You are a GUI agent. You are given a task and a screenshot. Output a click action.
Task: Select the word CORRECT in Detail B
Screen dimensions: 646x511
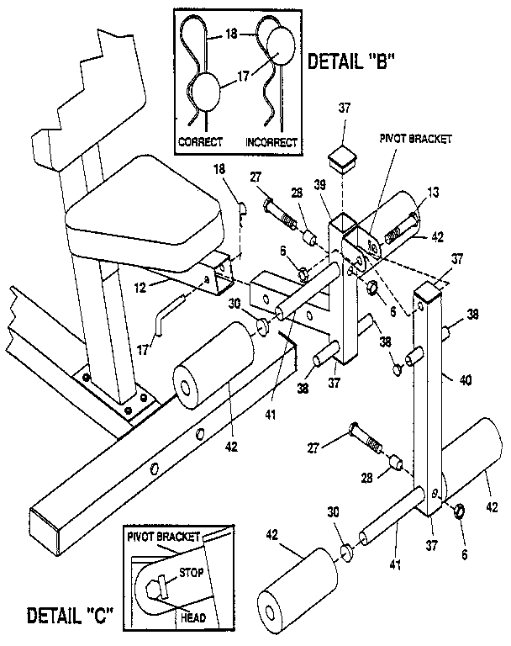[x=201, y=142]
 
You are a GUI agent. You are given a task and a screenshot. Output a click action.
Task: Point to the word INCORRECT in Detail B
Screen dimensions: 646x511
[x=271, y=142]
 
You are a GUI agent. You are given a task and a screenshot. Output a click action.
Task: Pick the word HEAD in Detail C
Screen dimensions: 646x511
[x=193, y=617]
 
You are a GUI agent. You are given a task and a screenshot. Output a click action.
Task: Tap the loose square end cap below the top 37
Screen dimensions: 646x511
[x=340, y=157]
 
